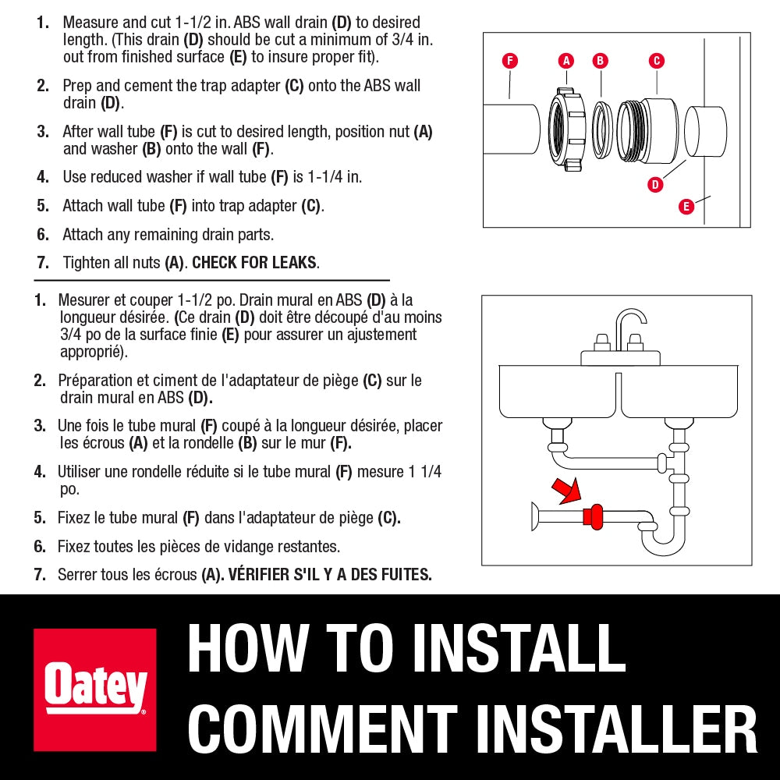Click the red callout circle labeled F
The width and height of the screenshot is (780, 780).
coord(509,61)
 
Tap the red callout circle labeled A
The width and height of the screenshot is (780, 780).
coord(566,61)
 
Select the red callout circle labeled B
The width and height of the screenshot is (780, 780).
coord(600,61)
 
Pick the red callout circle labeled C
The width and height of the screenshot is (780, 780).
coord(657,61)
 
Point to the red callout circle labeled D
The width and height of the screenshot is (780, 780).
coord(655,185)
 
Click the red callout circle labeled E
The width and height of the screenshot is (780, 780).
coord(686,206)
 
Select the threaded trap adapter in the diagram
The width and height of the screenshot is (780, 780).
coord(647,130)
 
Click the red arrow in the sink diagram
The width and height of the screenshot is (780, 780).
coord(567,491)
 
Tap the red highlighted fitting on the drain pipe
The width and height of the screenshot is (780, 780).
coord(593,517)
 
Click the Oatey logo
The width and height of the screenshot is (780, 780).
coord(95,690)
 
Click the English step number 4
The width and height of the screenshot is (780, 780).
coord(43,177)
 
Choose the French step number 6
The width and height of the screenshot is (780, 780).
coord(40,547)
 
